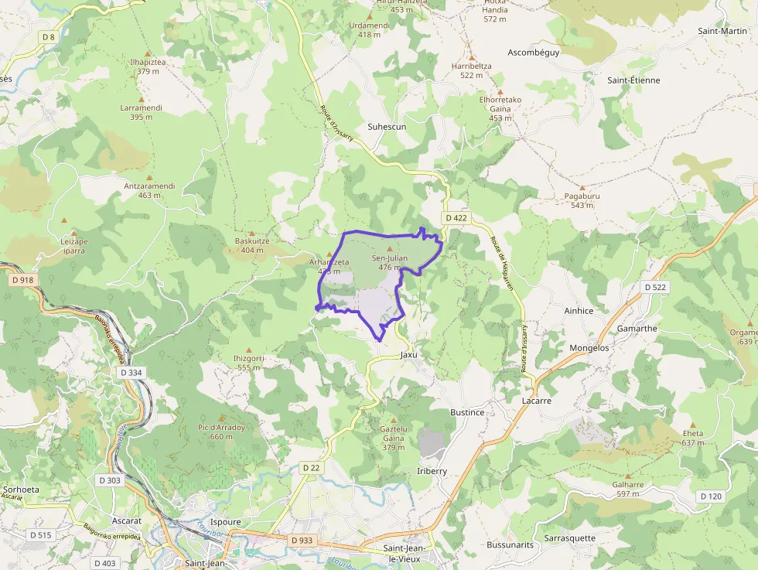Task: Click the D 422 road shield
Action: point(456,218)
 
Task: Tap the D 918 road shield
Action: point(24,280)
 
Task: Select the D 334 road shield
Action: point(131,372)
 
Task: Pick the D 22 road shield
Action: point(311,468)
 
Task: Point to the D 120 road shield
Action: point(710,496)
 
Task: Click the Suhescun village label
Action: point(387,126)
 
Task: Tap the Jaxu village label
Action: point(408,355)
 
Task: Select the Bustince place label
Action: point(467,412)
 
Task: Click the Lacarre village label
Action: point(536,401)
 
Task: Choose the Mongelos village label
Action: point(589,348)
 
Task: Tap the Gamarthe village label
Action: point(637,328)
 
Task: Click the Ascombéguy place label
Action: point(533,53)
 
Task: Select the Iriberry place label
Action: point(432,471)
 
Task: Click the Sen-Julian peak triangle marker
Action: point(389,249)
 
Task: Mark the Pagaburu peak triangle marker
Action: point(582,187)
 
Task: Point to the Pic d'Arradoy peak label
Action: point(221,432)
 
